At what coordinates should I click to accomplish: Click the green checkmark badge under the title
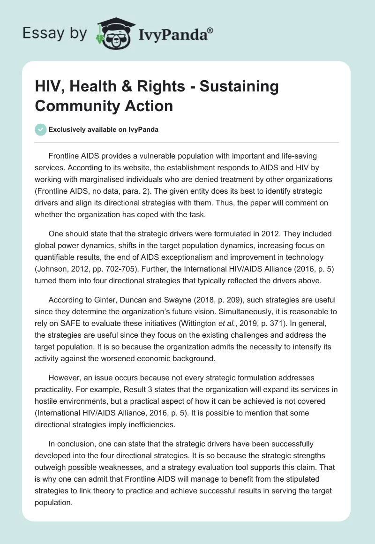41,129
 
